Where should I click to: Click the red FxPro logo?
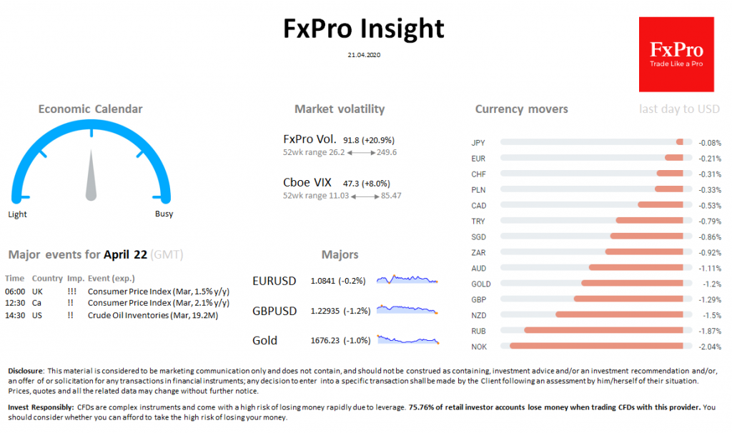pos(676,54)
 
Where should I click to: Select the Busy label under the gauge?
pos(164,214)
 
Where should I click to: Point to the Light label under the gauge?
pos(18,214)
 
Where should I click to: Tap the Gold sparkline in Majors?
pos(407,340)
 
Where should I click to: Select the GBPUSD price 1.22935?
pos(327,311)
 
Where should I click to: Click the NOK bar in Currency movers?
pos(600,347)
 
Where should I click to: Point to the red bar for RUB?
pos(608,331)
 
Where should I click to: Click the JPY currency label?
pos(478,142)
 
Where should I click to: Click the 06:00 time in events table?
pos(14,292)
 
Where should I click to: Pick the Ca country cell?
pos(36,303)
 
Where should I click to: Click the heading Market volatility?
pos(339,109)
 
